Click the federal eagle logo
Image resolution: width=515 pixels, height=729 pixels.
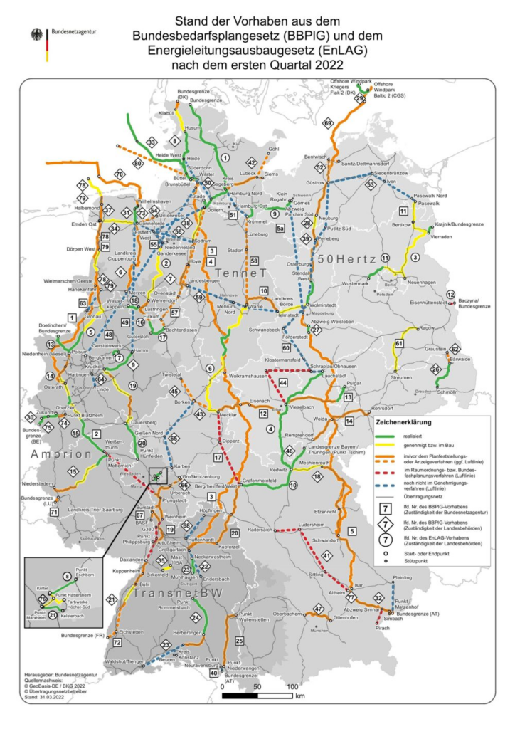tap(36, 35)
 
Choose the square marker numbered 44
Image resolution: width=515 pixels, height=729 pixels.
tap(283, 382)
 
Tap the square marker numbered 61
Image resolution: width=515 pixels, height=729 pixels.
tap(399, 344)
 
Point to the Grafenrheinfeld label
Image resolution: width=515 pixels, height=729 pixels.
tap(262, 481)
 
